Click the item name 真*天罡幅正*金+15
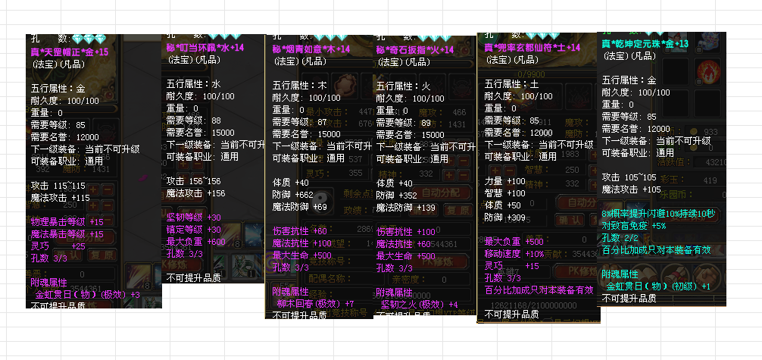click(x=69, y=52)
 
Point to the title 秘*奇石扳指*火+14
click(x=415, y=49)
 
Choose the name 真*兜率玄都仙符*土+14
click(x=532, y=47)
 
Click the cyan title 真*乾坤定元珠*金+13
click(x=645, y=44)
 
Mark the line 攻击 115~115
click(x=60, y=186)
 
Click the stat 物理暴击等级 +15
click(x=67, y=222)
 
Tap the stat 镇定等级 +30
click(x=194, y=230)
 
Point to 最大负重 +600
click(x=196, y=242)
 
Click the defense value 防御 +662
click(x=294, y=195)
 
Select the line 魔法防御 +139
click(x=406, y=207)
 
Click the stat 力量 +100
click(x=505, y=181)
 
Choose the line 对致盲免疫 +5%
click(x=634, y=225)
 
